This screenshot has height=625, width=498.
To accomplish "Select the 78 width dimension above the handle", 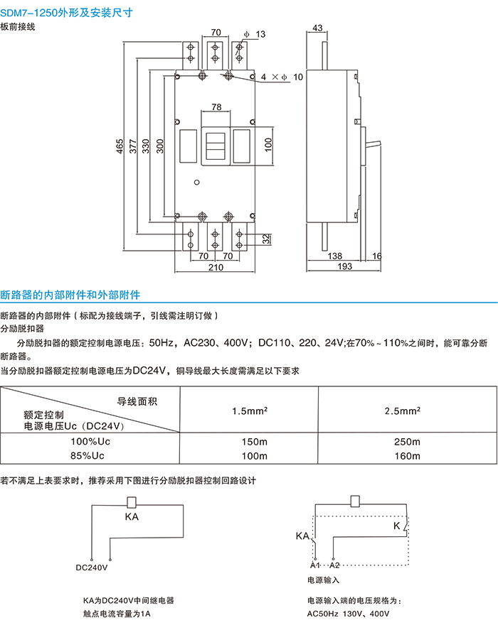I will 216,107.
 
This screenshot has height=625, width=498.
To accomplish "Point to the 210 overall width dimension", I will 216,268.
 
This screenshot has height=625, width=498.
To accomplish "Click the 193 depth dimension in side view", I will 344,267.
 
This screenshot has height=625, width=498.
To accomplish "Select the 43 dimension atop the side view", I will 317,28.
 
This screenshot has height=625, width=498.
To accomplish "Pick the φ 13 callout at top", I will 253,34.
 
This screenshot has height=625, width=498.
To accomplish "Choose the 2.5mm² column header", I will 403,411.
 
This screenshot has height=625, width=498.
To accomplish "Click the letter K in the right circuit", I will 396,526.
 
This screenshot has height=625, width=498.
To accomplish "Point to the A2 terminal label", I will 336,565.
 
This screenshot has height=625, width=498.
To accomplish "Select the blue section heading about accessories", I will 70,293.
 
